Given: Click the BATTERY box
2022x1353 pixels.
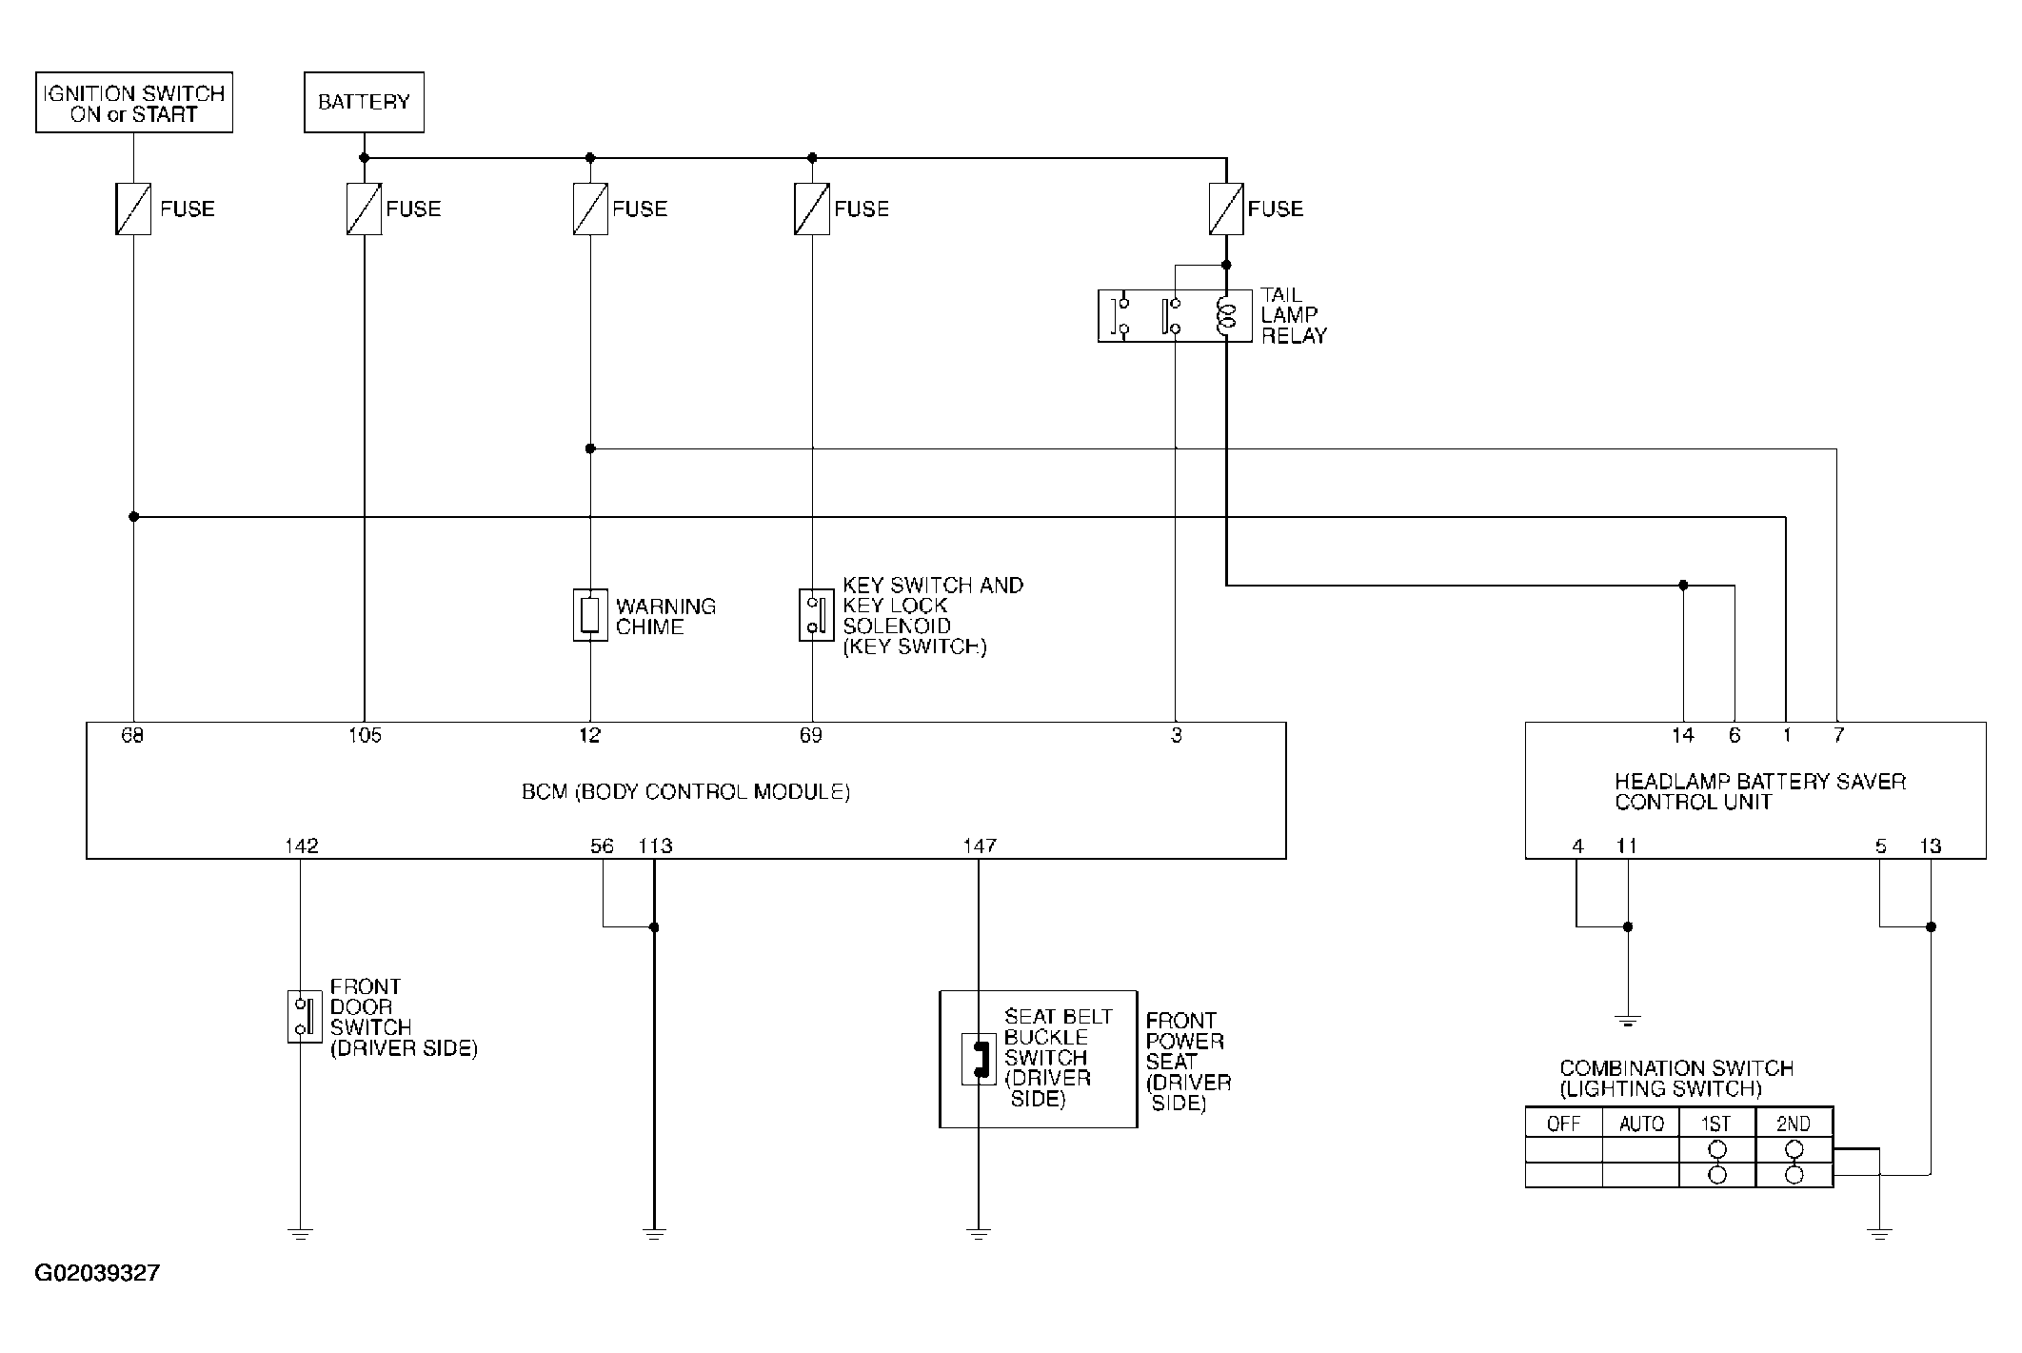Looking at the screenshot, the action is point(364,102).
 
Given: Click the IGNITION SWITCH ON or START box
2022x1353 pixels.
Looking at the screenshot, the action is point(134,103).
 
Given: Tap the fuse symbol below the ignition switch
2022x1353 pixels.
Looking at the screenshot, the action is point(133,209).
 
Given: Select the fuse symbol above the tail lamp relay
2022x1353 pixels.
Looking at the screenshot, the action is point(1226,209).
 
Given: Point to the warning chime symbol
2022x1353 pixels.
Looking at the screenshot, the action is point(590,615).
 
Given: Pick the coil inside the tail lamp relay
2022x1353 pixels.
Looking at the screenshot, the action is point(1226,316).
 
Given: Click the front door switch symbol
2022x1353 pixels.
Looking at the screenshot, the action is point(305,1017).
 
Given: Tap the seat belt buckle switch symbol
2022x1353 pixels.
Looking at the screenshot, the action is point(979,1059).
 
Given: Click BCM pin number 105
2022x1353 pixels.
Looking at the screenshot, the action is point(365,735).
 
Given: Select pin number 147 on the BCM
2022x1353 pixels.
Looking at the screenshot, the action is point(980,846).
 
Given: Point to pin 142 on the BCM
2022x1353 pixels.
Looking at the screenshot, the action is point(301,846).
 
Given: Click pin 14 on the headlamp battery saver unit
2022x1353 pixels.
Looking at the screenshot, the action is point(1683,735).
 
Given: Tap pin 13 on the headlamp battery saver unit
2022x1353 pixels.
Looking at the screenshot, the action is point(1930,846).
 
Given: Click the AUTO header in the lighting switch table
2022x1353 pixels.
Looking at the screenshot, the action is point(1641,1124).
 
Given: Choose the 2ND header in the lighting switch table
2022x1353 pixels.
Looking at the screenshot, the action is point(1794,1124).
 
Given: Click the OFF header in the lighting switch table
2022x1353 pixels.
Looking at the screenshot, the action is point(1563,1124).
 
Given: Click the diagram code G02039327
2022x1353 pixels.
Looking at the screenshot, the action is point(97,1273).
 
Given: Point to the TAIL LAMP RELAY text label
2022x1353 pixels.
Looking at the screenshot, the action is point(1294,315).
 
